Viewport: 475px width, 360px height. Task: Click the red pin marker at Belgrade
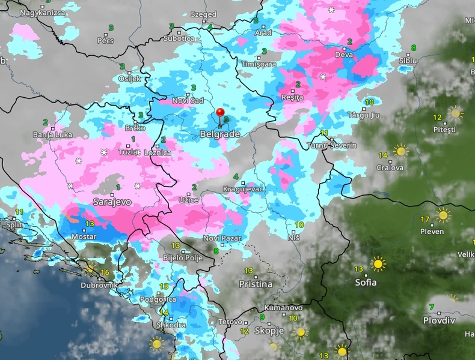[x=220, y=113]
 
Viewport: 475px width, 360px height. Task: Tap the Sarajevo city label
[x=112, y=202]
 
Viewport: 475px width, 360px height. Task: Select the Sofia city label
[x=366, y=282]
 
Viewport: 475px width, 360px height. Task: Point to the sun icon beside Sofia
[x=378, y=263]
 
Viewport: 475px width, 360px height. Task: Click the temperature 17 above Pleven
[x=425, y=219]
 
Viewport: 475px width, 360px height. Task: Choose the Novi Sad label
[x=188, y=100]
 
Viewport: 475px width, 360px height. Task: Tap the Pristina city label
[x=256, y=284]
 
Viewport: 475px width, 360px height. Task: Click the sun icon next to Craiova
[x=400, y=151]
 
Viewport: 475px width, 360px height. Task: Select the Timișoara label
[x=259, y=64]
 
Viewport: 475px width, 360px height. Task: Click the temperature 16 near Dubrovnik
[x=105, y=273]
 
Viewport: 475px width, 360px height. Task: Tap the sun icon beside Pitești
[x=456, y=113]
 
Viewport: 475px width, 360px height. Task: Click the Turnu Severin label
[x=332, y=146]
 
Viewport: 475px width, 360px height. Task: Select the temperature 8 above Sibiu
[x=414, y=48]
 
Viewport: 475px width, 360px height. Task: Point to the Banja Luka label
[x=53, y=134]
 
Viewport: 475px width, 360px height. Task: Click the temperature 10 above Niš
[x=299, y=225]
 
